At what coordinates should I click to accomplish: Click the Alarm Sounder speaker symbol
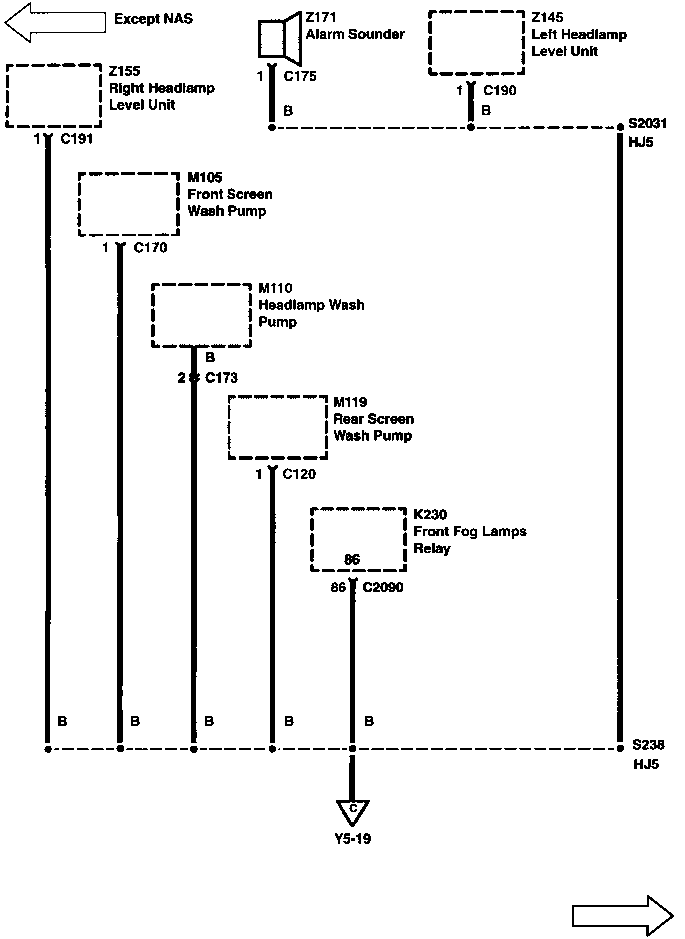[280, 38]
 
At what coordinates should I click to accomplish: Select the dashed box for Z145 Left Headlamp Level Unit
[476, 43]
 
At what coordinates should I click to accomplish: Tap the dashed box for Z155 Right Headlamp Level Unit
[54, 96]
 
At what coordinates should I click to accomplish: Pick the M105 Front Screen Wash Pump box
[128, 204]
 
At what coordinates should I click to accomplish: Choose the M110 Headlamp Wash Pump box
[202, 315]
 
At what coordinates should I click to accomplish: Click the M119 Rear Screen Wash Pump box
[278, 427]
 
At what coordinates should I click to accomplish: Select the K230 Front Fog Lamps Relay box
[358, 540]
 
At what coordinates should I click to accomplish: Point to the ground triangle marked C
[352, 811]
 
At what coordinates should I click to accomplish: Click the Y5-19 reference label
[352, 839]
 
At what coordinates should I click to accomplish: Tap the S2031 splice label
[647, 123]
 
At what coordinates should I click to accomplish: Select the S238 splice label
[648, 745]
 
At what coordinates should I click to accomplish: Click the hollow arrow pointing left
[55, 22]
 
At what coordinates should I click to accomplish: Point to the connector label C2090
[383, 587]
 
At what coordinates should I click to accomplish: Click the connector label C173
[222, 378]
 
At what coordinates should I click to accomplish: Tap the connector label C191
[77, 139]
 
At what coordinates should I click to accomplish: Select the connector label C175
[300, 76]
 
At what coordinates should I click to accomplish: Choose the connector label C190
[500, 90]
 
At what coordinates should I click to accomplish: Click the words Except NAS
[153, 19]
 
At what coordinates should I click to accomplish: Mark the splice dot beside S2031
[620, 128]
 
